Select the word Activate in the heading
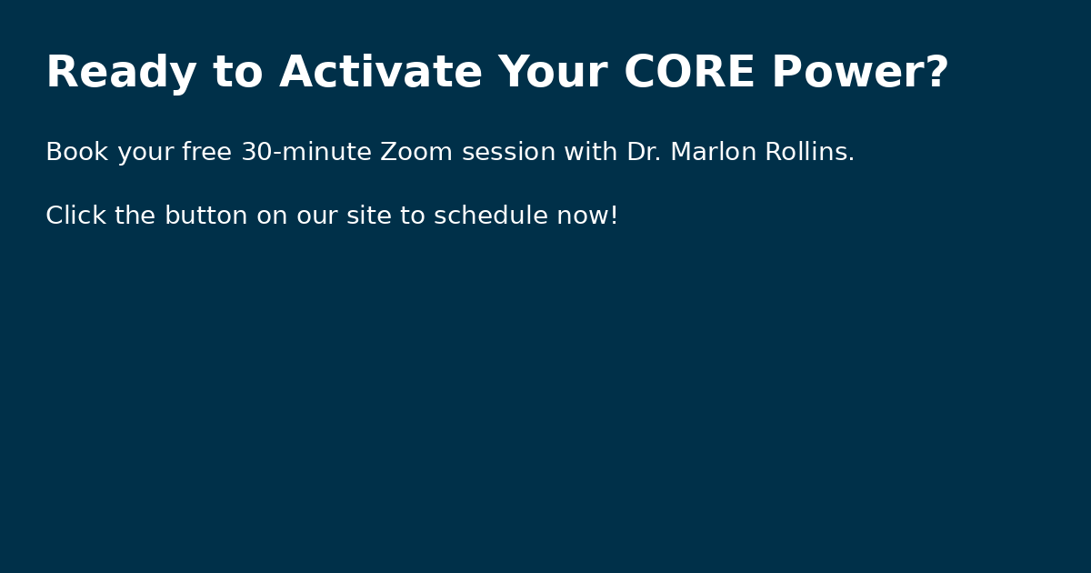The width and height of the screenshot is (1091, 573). (380, 72)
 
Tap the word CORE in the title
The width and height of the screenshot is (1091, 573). (689, 72)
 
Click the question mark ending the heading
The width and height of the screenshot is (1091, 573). (937, 72)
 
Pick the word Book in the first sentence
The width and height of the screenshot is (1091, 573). (77, 152)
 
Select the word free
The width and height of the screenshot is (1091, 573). (206, 152)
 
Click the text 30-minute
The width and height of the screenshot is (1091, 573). (306, 152)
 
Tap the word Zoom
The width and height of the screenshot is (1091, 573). (416, 152)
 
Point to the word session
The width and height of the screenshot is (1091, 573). (508, 152)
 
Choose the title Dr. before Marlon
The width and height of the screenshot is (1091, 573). (644, 152)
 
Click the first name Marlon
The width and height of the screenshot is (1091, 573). (713, 152)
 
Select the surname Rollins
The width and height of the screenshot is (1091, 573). (809, 152)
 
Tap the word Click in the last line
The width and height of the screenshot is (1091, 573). (76, 216)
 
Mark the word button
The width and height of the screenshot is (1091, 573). (206, 216)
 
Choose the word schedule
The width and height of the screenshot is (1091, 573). (490, 216)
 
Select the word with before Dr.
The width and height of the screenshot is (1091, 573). (591, 152)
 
